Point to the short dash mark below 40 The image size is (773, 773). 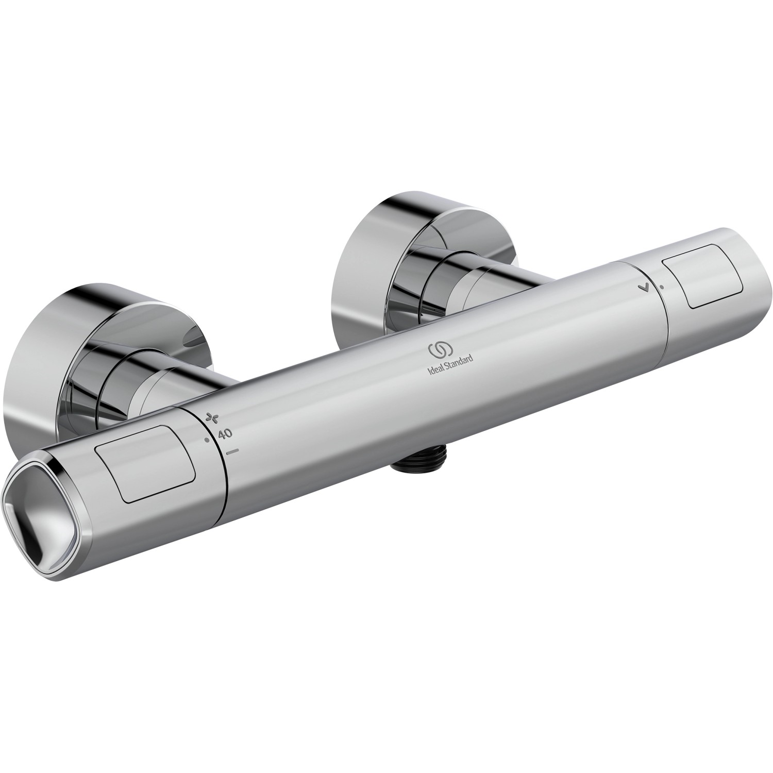tap(233, 451)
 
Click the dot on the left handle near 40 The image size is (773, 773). tap(207, 440)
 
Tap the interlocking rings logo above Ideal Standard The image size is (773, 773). tap(440, 350)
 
